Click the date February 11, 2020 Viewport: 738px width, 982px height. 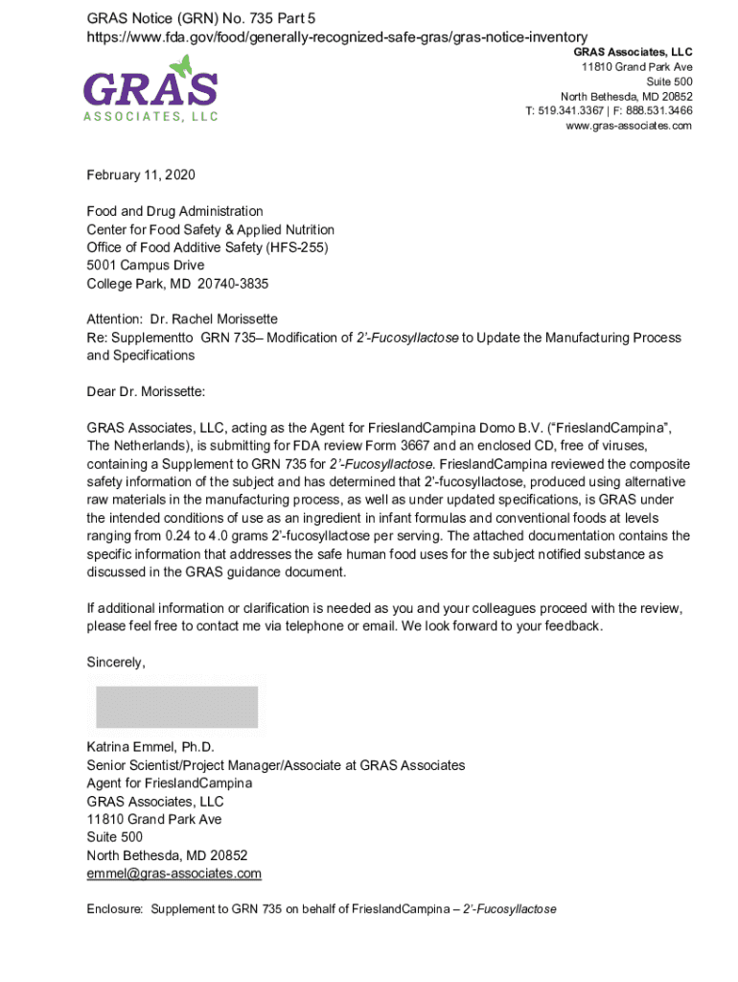(140, 175)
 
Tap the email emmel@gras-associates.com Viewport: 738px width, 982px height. (173, 874)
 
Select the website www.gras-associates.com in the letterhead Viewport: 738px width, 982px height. (629, 126)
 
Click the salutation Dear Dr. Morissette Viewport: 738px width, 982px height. (146, 391)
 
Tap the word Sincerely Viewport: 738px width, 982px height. (116, 663)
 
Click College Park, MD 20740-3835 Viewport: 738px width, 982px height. (177, 284)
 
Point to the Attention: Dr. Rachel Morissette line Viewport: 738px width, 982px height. (182, 319)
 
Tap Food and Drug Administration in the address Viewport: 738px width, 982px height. (174, 211)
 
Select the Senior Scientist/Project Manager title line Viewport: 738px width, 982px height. (275, 765)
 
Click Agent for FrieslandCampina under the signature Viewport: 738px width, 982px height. (170, 783)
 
